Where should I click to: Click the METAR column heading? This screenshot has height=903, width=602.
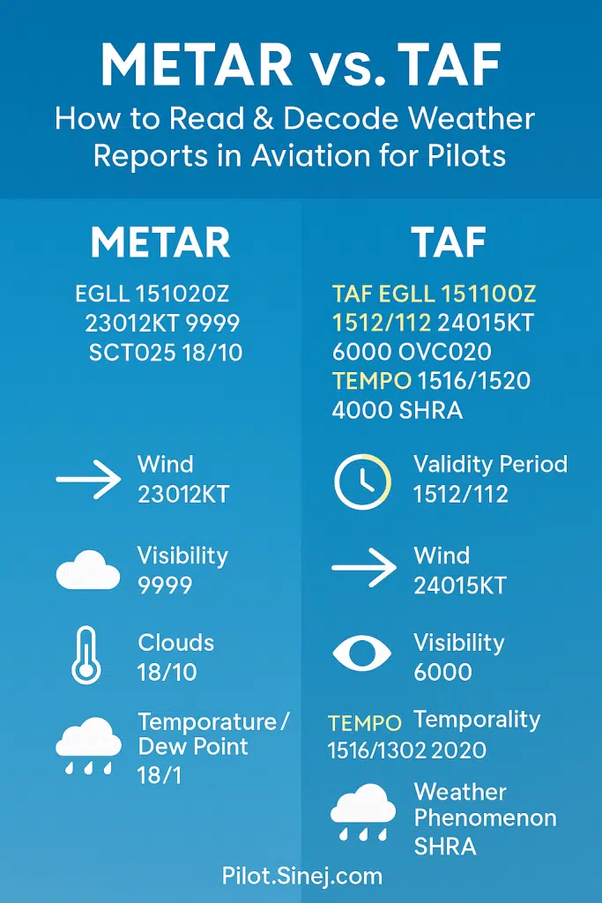point(160,242)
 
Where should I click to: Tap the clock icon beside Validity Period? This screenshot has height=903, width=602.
point(361,481)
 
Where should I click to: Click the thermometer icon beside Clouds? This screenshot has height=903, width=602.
point(85,655)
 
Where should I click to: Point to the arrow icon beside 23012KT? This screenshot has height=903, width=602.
point(88,480)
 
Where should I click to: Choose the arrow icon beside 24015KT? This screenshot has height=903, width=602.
point(364,570)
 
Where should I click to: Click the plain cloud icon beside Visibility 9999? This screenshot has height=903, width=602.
point(88,571)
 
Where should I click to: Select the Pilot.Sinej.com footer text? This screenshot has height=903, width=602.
point(301,876)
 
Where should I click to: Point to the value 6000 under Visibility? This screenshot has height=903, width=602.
point(442,672)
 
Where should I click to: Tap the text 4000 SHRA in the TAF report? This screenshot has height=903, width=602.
point(398,410)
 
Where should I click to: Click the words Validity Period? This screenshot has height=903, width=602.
point(490,465)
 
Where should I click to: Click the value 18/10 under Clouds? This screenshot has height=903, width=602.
point(167,672)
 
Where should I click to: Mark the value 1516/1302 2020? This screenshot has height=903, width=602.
point(406,750)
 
